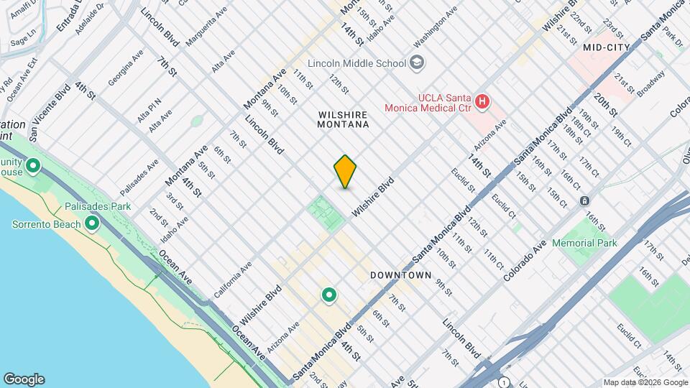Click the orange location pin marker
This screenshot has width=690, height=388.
click(345, 172)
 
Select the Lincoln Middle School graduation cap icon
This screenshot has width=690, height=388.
click(417, 63)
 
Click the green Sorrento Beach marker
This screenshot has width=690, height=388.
click(91, 224)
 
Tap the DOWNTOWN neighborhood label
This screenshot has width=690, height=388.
click(400, 275)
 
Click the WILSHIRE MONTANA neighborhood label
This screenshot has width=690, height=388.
click(343, 119)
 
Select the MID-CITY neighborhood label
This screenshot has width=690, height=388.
click(607, 47)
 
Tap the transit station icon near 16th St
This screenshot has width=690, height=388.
click(585, 200)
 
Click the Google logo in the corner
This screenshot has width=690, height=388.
click(24, 379)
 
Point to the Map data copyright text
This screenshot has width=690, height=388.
click(645, 382)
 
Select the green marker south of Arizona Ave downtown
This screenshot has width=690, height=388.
click(329, 295)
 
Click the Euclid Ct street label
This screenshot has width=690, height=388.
click(505, 204)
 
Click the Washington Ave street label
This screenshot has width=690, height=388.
click(436, 31)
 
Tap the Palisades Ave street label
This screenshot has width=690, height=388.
click(139, 177)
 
